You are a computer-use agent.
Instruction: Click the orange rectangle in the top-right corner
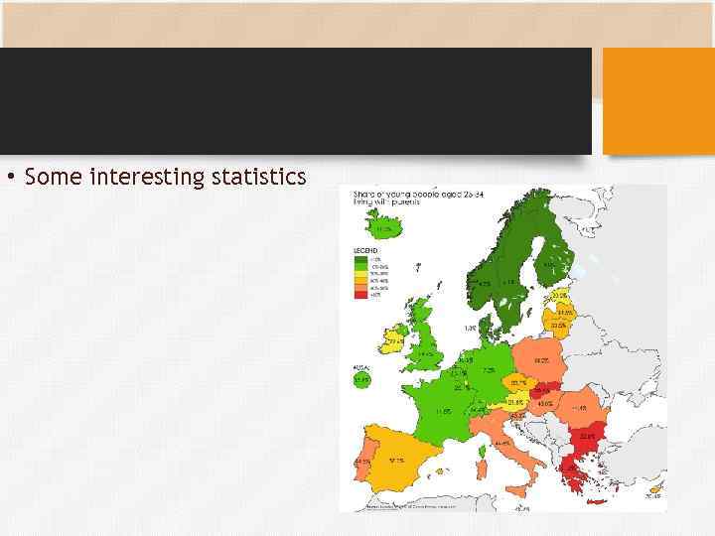(x=658, y=100)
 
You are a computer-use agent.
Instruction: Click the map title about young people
(x=392, y=195)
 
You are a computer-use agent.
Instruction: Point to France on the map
(x=444, y=408)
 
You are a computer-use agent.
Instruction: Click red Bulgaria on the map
(x=587, y=435)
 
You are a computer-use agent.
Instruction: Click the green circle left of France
(x=360, y=378)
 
